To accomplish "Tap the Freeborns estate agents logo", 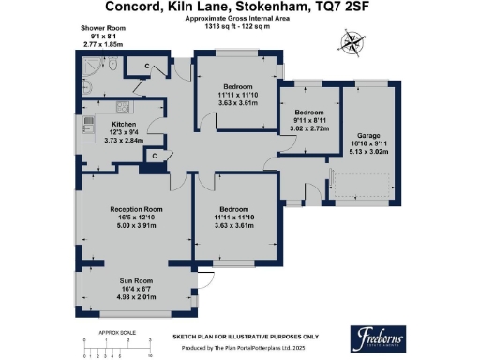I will click(384, 339).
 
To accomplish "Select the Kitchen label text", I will click(125, 124).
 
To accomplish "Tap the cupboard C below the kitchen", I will click(154, 156).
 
